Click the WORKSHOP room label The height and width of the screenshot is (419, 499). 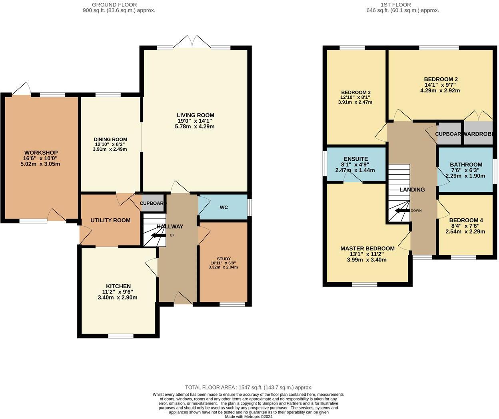tap(41, 153)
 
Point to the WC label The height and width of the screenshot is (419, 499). tap(224, 208)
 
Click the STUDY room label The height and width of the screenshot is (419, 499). tap(224, 259)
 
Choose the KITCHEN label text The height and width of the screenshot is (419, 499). tap(118, 286)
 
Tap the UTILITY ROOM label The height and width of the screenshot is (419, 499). tap(110, 220)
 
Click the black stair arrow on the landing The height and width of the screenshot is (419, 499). tap(402, 211)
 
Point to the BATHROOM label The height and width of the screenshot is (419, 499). tap(466, 164)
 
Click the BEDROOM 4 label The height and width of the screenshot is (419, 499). tap(466, 220)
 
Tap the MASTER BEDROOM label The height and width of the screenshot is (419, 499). tap(367, 248)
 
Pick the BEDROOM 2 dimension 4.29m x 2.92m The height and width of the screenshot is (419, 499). tap(440, 90)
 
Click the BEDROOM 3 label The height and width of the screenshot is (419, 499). tap(355, 92)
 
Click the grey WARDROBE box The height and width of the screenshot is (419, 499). tap(478, 134)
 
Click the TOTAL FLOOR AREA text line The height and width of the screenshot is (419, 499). tap(248, 387)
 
